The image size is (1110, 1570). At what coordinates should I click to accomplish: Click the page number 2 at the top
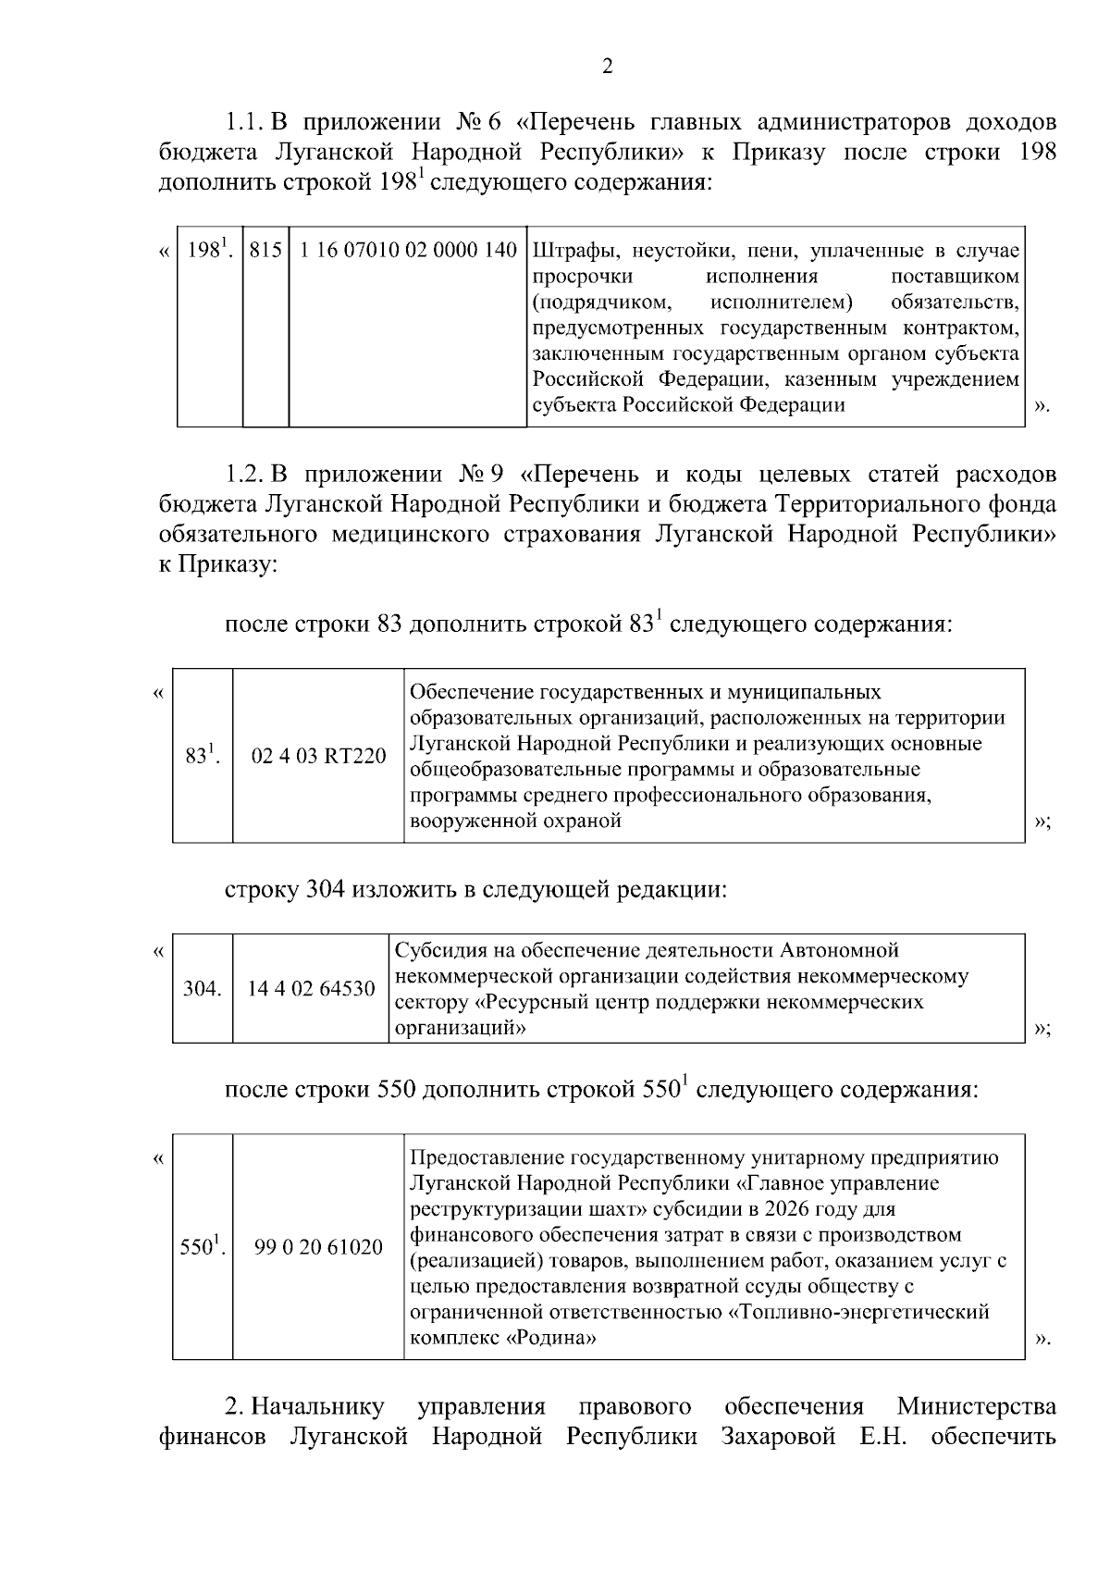(608, 67)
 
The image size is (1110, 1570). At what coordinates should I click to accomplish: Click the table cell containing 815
(265, 251)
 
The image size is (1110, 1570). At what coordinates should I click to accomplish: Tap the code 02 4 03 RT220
(318, 756)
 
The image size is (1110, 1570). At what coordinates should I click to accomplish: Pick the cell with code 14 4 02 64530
(311, 989)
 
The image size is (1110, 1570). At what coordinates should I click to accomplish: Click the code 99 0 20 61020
(318, 1247)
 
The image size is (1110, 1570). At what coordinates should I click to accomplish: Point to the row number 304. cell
(202, 989)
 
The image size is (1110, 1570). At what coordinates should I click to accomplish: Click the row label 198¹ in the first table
(209, 250)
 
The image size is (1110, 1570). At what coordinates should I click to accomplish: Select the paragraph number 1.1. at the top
(246, 123)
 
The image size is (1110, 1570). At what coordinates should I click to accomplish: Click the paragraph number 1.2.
(246, 476)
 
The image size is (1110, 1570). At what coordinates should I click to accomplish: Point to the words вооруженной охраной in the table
(514, 821)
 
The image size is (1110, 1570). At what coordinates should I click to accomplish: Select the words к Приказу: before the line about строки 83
(218, 564)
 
